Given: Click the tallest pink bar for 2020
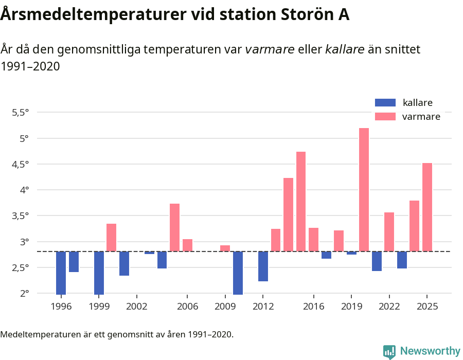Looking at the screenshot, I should click(x=364, y=190).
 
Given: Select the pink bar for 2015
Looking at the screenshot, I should click(x=301, y=202).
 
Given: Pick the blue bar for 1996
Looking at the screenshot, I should click(x=61, y=273).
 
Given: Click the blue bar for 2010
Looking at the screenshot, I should click(x=238, y=273).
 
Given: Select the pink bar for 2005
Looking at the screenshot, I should click(x=175, y=228).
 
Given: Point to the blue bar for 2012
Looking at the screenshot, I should click(x=263, y=266).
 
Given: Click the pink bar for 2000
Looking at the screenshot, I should click(x=112, y=238).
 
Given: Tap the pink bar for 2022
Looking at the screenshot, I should click(x=389, y=232).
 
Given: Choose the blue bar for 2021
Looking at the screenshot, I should click(x=377, y=261).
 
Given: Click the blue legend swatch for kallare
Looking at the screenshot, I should click(x=385, y=102).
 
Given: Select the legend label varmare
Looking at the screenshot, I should click(x=421, y=117).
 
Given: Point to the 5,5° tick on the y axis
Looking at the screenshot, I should click(x=21, y=112).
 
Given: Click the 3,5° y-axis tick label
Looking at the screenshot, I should click(x=21, y=215).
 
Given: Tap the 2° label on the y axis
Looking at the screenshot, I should click(x=25, y=293).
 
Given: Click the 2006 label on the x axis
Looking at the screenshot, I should click(x=188, y=307).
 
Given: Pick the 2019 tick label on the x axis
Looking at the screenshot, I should click(x=351, y=307).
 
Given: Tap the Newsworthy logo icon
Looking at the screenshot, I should click(x=389, y=351).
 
